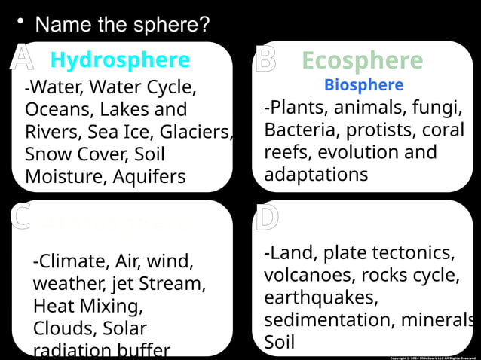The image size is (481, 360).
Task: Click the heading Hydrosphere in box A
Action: [x=120, y=59]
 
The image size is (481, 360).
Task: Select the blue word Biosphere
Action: [x=363, y=85]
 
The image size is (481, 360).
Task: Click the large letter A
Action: [x=22, y=59]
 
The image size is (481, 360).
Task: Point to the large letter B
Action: [x=265, y=60]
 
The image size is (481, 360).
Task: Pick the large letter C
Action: [x=20, y=217]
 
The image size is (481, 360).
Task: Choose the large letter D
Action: [x=267, y=218]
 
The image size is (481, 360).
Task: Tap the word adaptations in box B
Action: [x=316, y=175]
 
